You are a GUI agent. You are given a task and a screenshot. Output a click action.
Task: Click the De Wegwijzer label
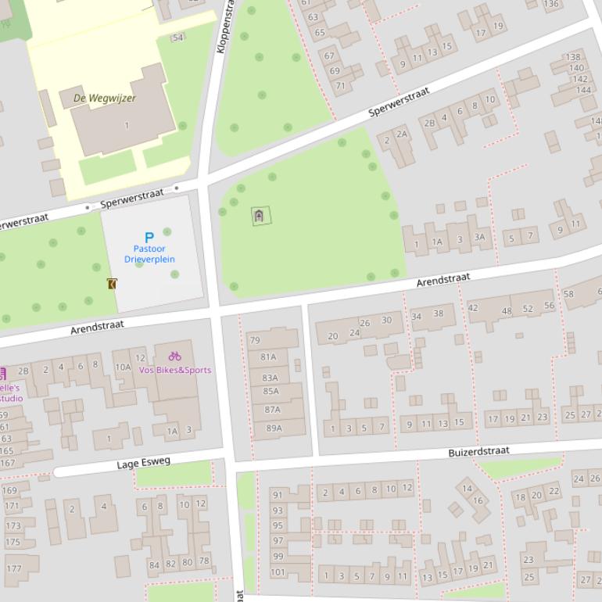[104, 99]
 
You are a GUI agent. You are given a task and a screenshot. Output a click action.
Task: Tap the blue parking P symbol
[149, 237]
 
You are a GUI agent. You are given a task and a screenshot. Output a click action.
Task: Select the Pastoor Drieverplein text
[149, 254]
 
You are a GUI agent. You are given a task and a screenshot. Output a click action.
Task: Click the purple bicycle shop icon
[174, 356]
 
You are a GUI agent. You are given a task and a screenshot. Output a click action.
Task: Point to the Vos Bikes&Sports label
[174, 370]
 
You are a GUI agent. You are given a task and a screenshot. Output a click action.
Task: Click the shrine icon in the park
[260, 216]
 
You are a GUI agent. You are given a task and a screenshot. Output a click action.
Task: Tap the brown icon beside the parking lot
[112, 284]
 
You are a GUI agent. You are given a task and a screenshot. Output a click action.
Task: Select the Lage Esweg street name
[143, 463]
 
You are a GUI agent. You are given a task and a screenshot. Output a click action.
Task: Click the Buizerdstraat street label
[478, 451]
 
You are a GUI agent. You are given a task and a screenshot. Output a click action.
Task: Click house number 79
[254, 340]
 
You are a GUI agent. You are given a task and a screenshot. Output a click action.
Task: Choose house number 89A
[274, 428]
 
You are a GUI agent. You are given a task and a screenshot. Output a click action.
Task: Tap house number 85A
[271, 392]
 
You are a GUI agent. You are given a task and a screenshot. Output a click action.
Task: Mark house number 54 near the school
[177, 38]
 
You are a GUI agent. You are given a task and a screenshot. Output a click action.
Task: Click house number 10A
[123, 367]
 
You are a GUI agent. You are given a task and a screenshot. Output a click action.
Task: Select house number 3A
[479, 238]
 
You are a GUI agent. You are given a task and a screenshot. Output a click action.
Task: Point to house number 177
[13, 568]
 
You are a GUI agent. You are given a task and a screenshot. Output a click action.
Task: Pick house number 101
[278, 572]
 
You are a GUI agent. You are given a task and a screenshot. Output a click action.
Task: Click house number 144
[583, 90]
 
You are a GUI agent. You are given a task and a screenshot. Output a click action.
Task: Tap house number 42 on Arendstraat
[472, 308]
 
